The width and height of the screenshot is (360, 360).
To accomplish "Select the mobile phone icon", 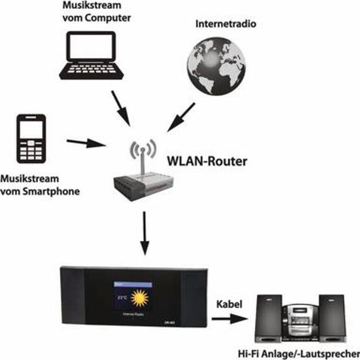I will (x=31, y=139).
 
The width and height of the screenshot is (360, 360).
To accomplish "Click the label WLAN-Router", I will (x=207, y=161).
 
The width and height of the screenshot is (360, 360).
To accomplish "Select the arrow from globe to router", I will (x=181, y=117).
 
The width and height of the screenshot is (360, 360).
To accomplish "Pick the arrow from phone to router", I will (x=86, y=143).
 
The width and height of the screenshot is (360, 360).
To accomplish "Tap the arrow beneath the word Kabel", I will (x=229, y=319).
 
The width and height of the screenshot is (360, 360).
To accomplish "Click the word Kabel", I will (x=229, y=304).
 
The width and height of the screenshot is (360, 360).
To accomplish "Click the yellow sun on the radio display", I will (x=140, y=298).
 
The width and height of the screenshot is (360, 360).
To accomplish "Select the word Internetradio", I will (x=226, y=24).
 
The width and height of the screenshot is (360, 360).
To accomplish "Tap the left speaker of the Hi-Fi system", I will (x=269, y=319).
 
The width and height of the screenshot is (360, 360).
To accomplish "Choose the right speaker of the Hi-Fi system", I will (x=332, y=319).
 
